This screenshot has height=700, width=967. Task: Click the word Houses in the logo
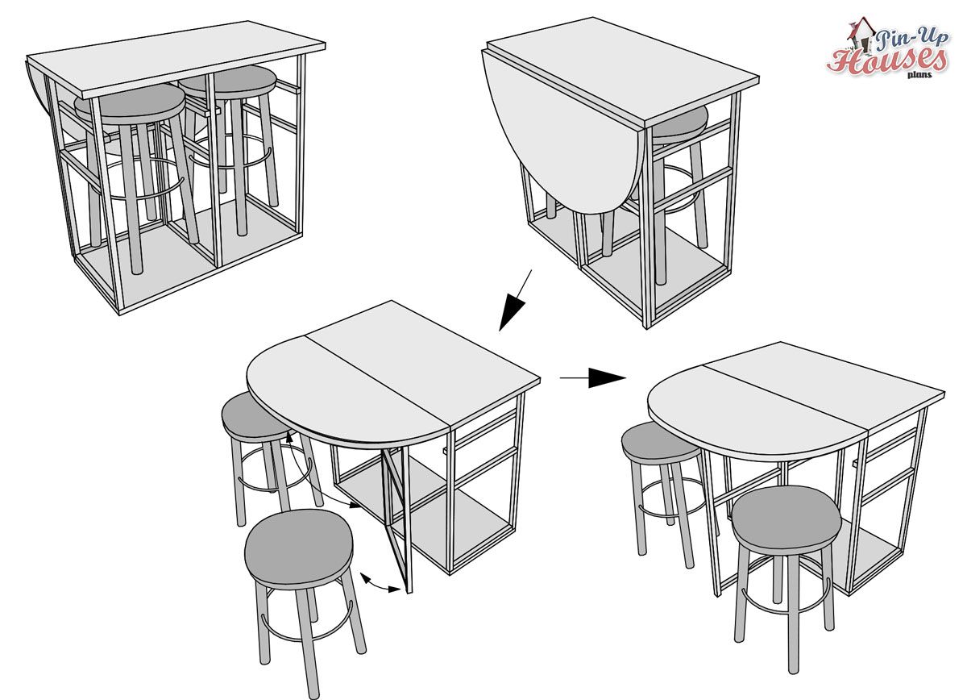886,61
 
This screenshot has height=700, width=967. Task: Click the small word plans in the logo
920,75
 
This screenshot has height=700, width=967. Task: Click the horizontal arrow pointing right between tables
593,377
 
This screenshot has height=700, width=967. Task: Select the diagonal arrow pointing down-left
515,301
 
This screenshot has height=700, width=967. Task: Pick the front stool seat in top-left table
131,104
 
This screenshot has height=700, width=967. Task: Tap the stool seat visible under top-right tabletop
681,123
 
